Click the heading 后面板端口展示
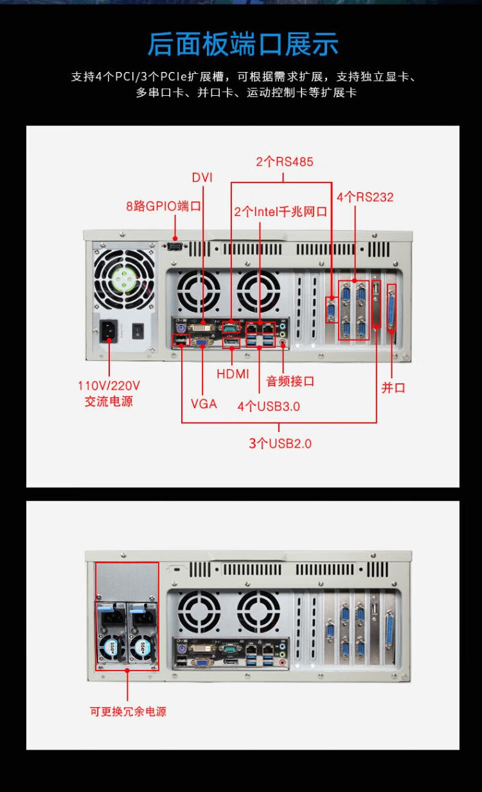[242, 44]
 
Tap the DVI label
[202, 177]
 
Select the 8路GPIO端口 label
[163, 206]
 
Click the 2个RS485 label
[285, 162]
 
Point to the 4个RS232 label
[364, 197]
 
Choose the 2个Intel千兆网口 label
[281, 212]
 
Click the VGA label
[204, 404]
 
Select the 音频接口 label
[290, 381]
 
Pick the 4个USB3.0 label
[269, 406]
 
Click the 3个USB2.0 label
[280, 443]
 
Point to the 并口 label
[393, 388]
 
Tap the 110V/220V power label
[109, 393]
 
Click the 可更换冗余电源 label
[128, 712]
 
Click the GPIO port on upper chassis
[175, 246]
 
